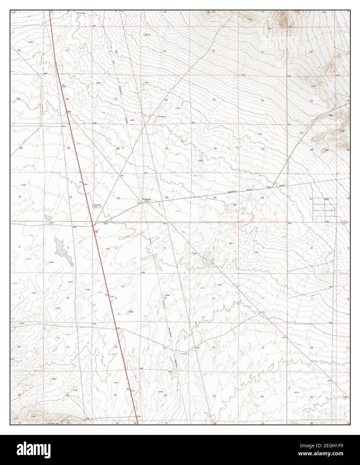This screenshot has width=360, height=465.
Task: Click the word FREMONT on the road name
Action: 233,191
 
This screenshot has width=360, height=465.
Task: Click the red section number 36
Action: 262,198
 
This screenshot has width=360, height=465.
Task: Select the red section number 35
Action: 214,198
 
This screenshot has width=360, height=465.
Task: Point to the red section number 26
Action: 215,148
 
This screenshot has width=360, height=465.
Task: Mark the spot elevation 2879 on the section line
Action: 289,223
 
